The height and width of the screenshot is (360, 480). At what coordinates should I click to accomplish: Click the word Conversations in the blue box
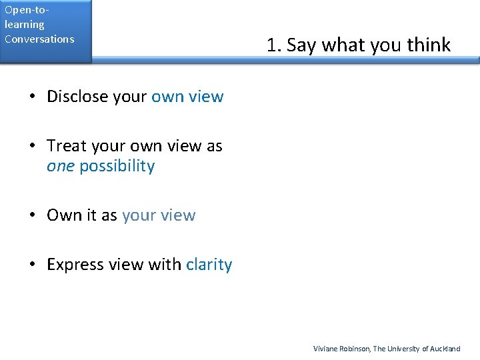[x=39, y=39]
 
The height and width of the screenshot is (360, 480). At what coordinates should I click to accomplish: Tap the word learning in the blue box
[x=24, y=25]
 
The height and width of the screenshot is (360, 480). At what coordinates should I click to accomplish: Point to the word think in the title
[x=429, y=45]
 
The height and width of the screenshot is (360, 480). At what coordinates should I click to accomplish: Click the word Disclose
[x=77, y=97]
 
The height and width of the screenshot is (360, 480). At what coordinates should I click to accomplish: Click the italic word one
[x=60, y=167]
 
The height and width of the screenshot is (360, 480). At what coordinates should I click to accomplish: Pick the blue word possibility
[x=117, y=167]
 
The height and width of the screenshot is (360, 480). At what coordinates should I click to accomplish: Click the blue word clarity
[x=209, y=265]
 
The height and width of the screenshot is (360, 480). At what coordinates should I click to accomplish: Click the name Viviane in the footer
[x=326, y=349]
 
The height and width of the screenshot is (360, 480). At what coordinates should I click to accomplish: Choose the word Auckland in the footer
[x=445, y=349]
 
